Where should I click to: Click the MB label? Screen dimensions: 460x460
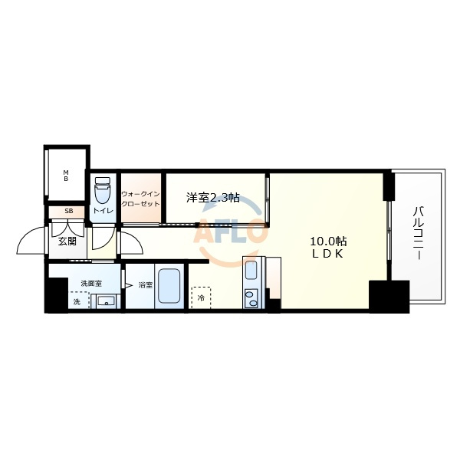click(66, 176)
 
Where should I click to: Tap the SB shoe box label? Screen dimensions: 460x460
click(69, 212)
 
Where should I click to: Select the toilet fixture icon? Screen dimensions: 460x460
click(102, 190)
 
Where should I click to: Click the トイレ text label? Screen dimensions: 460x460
click(103, 210)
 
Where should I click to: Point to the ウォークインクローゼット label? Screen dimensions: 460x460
click(140, 199)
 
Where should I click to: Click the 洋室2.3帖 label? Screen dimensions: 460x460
click(213, 198)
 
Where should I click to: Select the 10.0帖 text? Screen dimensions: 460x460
click(328, 242)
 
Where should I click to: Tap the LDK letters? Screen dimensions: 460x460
click(327, 254)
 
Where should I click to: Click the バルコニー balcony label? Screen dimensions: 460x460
click(418, 232)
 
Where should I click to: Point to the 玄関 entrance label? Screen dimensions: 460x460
click(67, 242)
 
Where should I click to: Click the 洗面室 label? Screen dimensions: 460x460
click(91, 284)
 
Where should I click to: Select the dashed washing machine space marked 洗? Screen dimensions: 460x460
click(79, 300)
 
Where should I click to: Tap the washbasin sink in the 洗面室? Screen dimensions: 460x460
click(107, 301)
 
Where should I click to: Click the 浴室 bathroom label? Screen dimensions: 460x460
click(146, 285)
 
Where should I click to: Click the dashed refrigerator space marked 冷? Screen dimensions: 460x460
click(201, 297)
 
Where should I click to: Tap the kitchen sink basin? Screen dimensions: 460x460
click(251, 270)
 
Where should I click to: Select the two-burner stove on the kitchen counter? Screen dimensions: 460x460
click(251, 299)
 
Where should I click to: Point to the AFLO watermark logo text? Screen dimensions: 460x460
click(231, 232)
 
